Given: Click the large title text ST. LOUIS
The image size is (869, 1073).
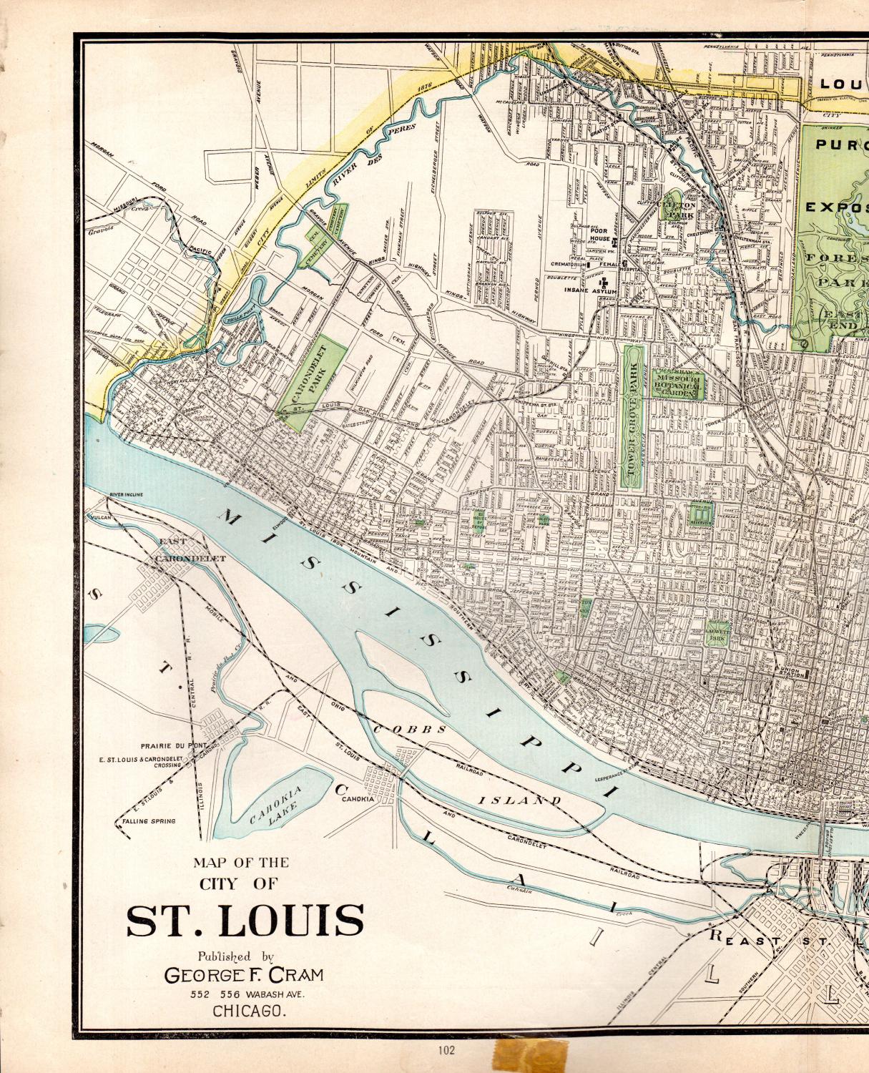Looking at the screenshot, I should pos(245,921).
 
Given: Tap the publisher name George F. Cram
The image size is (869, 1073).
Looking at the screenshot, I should pos(244,974).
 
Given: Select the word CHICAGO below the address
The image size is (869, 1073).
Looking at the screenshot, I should pos(249,1011).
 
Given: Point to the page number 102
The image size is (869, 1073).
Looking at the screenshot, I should pos(447,1050).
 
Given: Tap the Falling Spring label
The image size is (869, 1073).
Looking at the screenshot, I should pos(149,821).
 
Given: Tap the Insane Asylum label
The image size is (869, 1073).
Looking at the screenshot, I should pos(590,290).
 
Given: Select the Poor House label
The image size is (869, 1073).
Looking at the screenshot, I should pos(599,235).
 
